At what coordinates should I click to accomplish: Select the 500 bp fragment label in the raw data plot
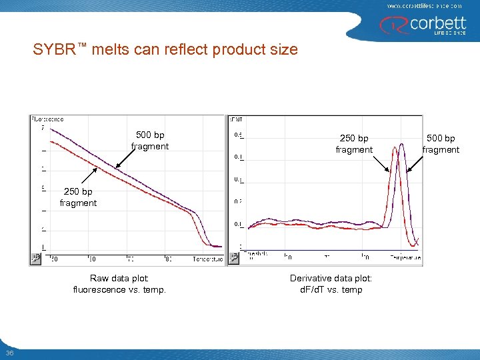[150, 141]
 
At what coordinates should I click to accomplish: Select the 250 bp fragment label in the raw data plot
[78, 197]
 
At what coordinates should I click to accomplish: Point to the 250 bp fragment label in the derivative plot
[354, 144]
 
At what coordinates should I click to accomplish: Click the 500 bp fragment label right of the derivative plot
[441, 144]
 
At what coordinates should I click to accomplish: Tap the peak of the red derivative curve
[396, 162]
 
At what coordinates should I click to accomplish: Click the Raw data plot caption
[119, 284]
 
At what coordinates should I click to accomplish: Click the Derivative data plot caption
[331, 284]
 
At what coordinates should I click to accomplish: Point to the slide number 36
[9, 353]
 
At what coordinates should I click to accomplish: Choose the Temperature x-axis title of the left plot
[207, 259]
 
